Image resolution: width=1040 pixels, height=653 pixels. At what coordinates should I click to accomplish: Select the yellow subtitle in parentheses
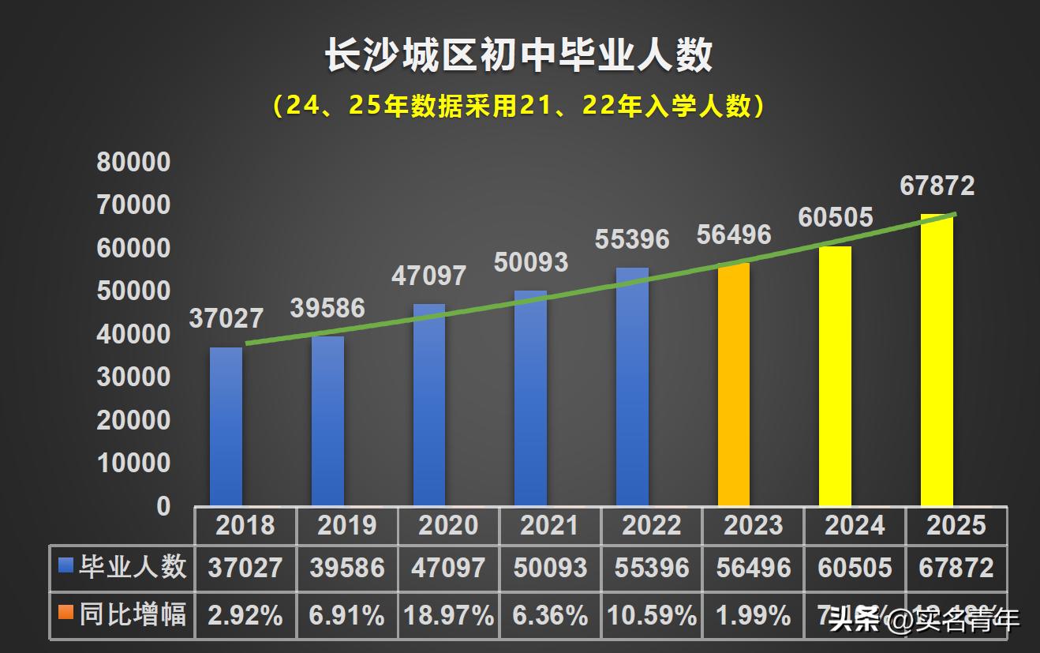click(x=519, y=106)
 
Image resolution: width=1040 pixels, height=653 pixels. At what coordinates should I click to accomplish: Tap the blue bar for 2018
click(x=226, y=426)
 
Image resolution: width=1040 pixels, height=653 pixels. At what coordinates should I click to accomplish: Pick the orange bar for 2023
click(x=734, y=385)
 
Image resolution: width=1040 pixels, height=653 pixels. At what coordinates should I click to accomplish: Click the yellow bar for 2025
click(x=937, y=360)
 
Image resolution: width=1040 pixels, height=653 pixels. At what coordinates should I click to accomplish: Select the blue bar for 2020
click(x=429, y=404)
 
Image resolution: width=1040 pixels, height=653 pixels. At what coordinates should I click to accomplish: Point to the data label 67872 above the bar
click(x=937, y=186)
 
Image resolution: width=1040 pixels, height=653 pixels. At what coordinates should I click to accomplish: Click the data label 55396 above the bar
click(x=632, y=238)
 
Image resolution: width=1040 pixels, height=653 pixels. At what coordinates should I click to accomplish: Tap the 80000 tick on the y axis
click(x=133, y=163)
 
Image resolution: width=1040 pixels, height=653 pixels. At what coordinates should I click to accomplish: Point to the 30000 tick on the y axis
click(x=133, y=377)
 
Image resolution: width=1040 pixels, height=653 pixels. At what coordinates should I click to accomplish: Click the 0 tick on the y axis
click(x=163, y=506)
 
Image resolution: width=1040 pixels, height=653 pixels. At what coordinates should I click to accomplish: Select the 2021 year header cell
click(x=550, y=526)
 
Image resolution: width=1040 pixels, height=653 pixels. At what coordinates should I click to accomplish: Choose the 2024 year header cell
click(x=855, y=526)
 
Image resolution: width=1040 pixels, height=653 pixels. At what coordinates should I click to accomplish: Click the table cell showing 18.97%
click(x=448, y=615)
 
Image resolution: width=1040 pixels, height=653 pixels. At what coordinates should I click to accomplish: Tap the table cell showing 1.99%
click(x=753, y=615)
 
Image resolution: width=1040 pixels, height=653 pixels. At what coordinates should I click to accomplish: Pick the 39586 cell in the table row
click(x=347, y=567)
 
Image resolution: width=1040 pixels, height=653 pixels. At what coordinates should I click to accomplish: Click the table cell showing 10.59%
click(x=652, y=615)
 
